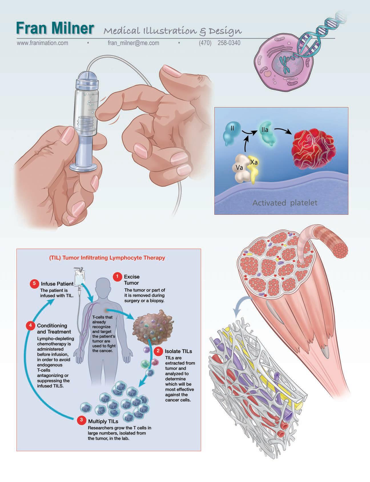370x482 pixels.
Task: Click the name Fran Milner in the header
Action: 55,29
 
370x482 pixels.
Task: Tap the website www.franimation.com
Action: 43,43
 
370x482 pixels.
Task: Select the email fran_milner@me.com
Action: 133,43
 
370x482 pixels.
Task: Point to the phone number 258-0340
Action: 229,43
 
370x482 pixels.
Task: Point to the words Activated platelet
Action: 285,203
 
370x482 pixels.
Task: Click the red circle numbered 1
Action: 117,276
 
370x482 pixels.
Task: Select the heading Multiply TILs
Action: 103,421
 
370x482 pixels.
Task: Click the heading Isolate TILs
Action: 178,351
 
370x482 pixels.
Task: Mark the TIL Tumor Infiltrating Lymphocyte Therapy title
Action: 107,258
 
